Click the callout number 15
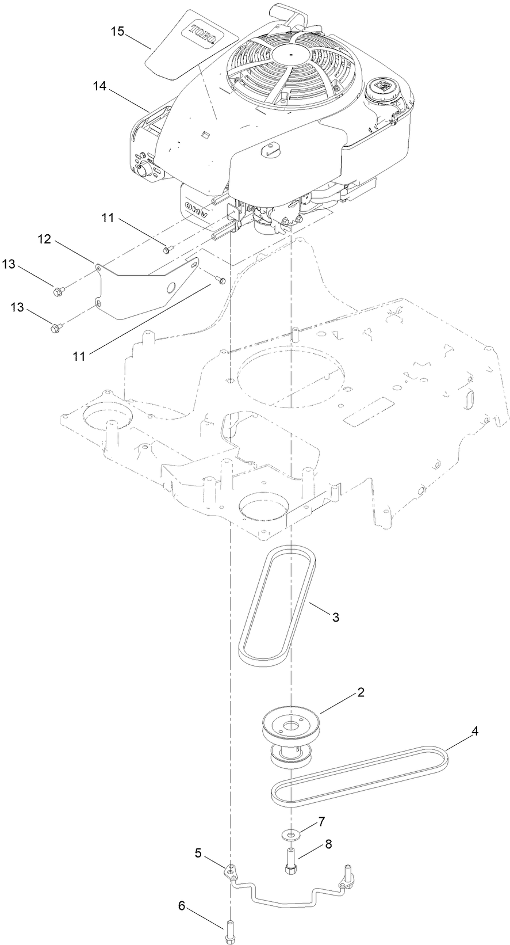pos(117,31)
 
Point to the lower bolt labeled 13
pos(56,329)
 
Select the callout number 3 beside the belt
pos(336,617)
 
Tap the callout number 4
pos(474,731)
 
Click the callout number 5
pos(198,853)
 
